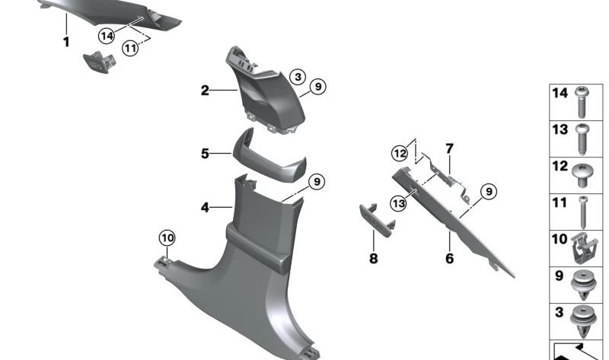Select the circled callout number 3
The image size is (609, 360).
pos(298,77)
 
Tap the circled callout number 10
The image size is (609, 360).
pos(167,238)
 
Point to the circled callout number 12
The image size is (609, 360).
pos(400,153)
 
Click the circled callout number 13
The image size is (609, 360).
pos(398,202)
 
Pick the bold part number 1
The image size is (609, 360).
pos(66,43)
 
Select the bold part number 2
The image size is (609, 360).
pos(205,91)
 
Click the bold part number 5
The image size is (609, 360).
pos(205,154)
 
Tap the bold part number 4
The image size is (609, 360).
pos(205,206)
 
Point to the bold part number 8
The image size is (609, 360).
pos(373,259)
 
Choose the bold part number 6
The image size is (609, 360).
pos(449,259)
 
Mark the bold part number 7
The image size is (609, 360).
pos(449,147)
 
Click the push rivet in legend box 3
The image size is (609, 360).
pos(582,320)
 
